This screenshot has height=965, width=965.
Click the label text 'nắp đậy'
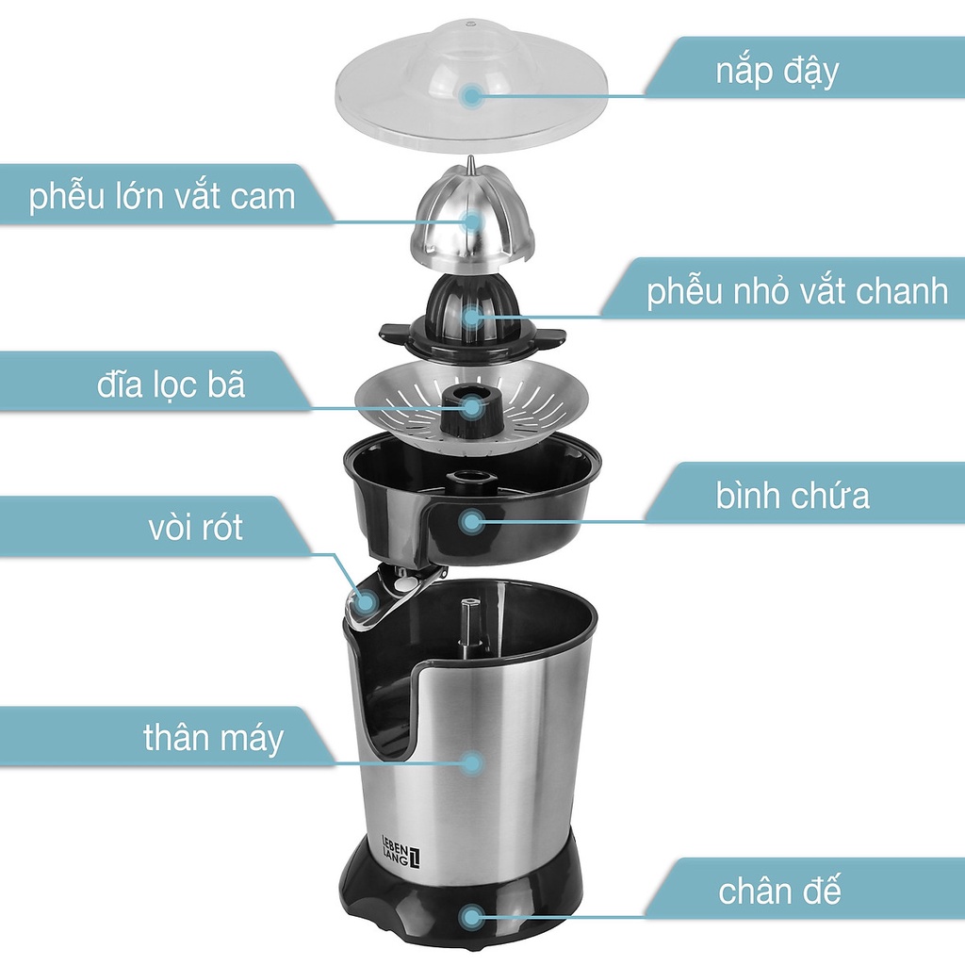(x=777, y=72)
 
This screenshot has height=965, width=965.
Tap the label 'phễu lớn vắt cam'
(x=162, y=196)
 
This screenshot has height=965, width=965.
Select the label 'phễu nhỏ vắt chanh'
(x=797, y=290)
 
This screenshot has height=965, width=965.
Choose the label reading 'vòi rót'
(x=196, y=527)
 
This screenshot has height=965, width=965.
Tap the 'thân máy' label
(x=213, y=738)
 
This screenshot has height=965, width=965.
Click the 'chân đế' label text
(x=779, y=891)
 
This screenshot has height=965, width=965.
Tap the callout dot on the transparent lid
(x=472, y=95)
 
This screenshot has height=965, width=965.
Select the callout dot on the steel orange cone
(x=472, y=221)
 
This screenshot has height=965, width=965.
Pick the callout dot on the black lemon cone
(x=472, y=317)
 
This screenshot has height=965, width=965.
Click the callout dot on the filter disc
(x=472, y=406)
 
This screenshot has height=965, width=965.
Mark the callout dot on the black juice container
(x=472, y=522)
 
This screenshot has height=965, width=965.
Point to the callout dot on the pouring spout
(x=367, y=601)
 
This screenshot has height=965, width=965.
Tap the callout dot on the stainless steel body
(x=472, y=763)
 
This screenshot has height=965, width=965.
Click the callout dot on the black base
(x=472, y=917)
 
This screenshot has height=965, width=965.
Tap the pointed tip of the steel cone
(x=470, y=157)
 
